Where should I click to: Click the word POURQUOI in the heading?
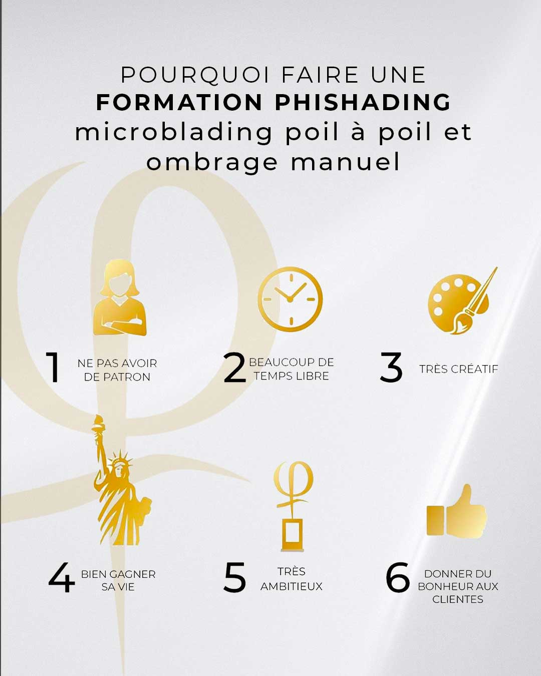pyautogui.click(x=195, y=75)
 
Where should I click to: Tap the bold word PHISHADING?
pyautogui.click(x=363, y=102)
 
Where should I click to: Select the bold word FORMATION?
pyautogui.click(x=179, y=102)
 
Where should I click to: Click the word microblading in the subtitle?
pyautogui.click(x=173, y=133)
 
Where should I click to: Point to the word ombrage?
pyautogui.click(x=212, y=162)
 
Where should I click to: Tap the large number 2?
pyautogui.click(x=235, y=367)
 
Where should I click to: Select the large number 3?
pyautogui.click(x=391, y=367)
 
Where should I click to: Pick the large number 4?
pyautogui.click(x=62, y=578)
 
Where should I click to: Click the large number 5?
pyautogui.click(x=234, y=578)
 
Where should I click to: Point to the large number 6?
pyautogui.click(x=398, y=578)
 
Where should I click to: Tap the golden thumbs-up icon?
pyautogui.click(x=456, y=511)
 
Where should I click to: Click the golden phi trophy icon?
pyautogui.click(x=293, y=506)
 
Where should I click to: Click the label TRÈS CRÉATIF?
pyautogui.click(x=459, y=369)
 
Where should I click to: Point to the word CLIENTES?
pyautogui.click(x=458, y=599)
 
